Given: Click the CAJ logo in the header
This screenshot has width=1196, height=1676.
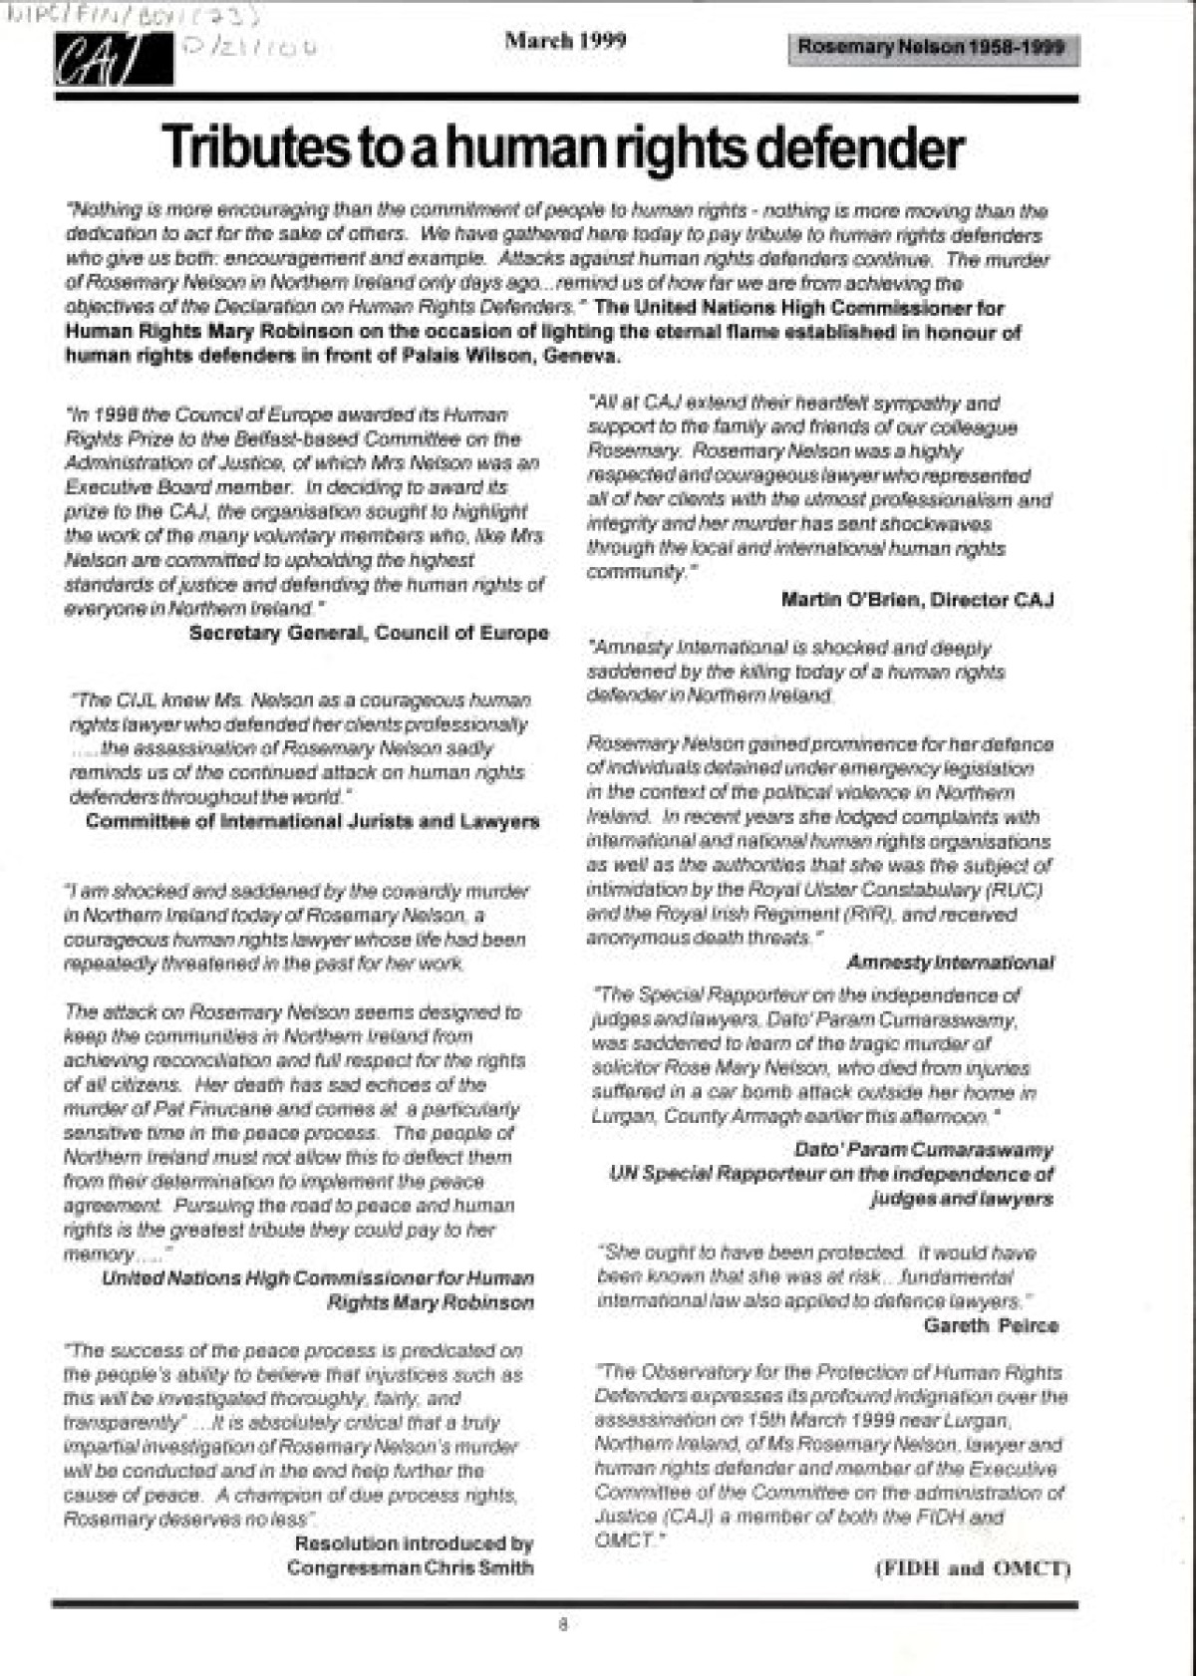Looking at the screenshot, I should (x=113, y=60).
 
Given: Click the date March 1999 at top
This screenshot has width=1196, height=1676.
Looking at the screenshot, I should (x=565, y=41).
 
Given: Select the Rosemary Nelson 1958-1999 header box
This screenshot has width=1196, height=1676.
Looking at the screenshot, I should (x=932, y=47).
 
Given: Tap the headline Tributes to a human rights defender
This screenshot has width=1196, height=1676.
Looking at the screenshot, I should (x=563, y=147).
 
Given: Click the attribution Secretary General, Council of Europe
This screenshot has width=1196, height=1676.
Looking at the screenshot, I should (x=369, y=633).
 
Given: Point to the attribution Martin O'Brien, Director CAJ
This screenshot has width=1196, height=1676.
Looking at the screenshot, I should (x=917, y=600).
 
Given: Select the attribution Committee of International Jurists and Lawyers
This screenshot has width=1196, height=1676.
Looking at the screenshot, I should (x=312, y=822).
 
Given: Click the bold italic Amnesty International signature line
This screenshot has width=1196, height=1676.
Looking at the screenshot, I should (x=950, y=963).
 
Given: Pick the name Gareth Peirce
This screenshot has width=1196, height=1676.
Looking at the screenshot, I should (x=991, y=1325).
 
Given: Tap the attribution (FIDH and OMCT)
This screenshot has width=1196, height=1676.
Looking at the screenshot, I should (x=972, y=1568).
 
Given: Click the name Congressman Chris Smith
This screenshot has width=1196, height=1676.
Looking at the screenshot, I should (x=410, y=1567).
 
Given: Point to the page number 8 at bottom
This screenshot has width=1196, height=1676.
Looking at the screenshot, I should (x=563, y=1625).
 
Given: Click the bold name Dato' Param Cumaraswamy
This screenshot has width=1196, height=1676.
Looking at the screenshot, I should (x=924, y=1150).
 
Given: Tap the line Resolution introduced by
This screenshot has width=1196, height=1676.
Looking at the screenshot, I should (x=414, y=1543).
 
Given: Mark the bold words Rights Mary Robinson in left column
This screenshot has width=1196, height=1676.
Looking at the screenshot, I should (x=431, y=1302).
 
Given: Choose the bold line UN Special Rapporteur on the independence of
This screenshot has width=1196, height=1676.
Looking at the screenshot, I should (x=830, y=1174).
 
